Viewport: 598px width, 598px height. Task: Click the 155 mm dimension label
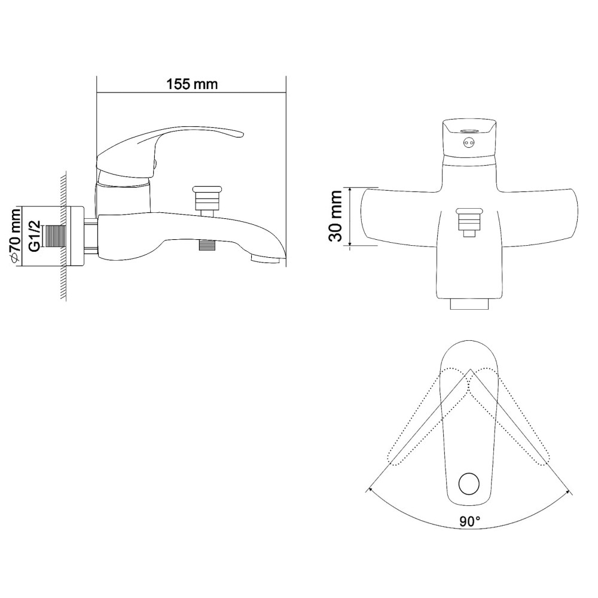tap(192, 84)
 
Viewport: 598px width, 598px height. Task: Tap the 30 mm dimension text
tap(336, 216)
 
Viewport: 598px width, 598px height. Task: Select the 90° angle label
tap(469, 521)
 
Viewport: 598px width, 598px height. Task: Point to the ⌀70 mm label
tap(16, 236)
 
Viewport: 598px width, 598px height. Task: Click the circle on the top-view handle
tap(469, 484)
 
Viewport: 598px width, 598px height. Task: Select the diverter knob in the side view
tap(206, 200)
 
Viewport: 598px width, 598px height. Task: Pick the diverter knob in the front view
tap(469, 222)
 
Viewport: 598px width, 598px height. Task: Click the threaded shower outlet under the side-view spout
tap(208, 245)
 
